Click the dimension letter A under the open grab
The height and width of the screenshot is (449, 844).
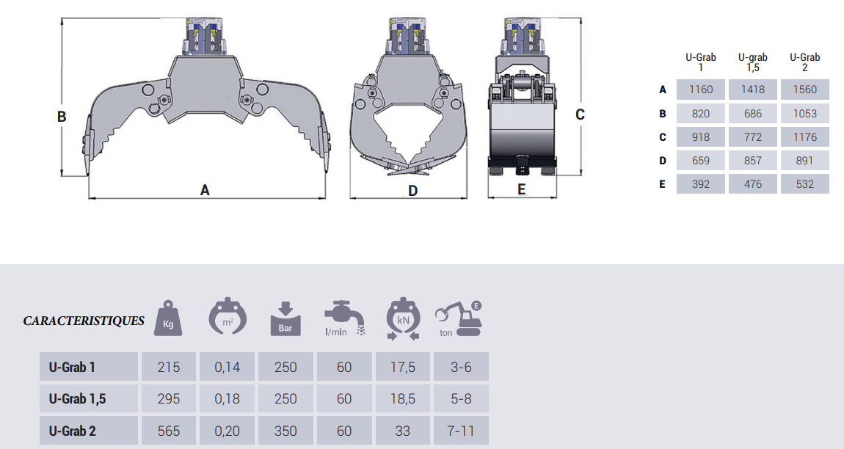click(x=205, y=190)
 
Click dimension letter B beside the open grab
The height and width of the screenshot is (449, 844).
click(x=62, y=117)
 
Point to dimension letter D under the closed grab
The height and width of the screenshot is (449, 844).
click(x=413, y=191)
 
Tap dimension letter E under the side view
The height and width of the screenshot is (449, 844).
click(x=521, y=189)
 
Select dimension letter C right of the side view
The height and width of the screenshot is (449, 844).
click(x=580, y=114)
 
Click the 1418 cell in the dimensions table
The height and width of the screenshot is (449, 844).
click(x=752, y=90)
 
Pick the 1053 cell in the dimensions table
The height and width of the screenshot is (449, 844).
click(x=804, y=114)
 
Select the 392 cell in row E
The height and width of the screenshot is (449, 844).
click(x=700, y=184)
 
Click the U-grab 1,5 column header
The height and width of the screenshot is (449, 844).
click(x=752, y=62)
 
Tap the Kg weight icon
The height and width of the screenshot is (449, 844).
click(x=168, y=318)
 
